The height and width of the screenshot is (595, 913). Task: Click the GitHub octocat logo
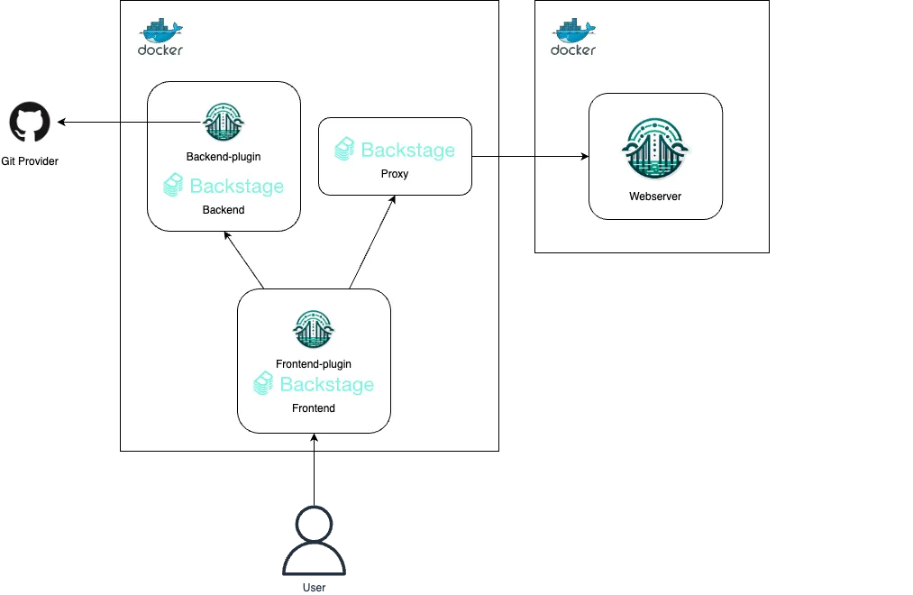[29, 123]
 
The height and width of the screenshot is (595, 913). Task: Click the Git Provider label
[30, 161]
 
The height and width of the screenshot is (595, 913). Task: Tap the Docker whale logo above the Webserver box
[573, 37]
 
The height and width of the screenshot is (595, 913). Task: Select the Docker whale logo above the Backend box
[160, 37]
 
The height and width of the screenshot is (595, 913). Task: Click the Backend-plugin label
[224, 156]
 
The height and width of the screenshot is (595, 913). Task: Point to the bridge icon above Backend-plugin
[224, 122]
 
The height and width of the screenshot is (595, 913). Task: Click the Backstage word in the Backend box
[236, 187]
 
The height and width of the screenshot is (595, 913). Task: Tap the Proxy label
[395, 173]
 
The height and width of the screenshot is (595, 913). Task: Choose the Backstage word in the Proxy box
[407, 150]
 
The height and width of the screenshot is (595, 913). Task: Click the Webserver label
[655, 196]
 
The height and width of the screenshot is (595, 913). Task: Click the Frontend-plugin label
[314, 364]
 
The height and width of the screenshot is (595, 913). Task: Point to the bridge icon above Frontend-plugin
[314, 330]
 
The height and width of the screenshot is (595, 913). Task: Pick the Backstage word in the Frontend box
[326, 385]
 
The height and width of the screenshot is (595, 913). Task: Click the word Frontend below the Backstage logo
[314, 408]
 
